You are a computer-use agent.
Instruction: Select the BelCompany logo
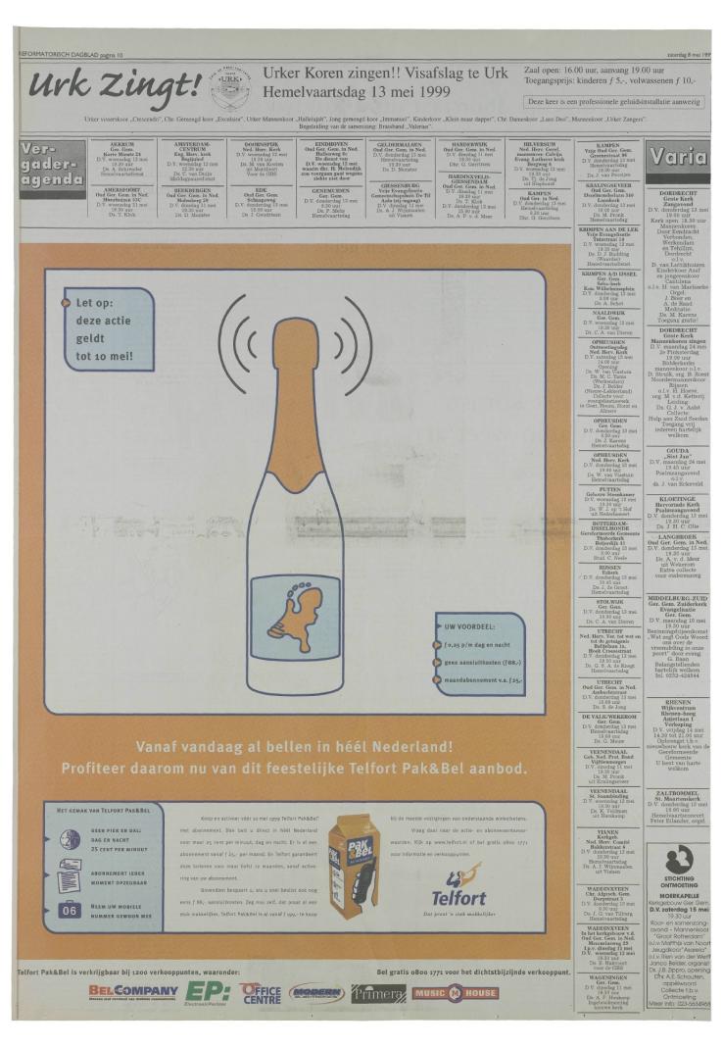(132, 991)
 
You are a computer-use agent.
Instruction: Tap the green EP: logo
(208, 991)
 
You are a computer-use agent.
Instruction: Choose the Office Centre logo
(261, 992)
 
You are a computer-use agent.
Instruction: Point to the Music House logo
(455, 992)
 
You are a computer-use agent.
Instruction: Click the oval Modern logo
(316, 992)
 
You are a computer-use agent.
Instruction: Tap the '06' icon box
(70, 910)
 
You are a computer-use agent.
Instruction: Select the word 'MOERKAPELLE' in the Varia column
(678, 895)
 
